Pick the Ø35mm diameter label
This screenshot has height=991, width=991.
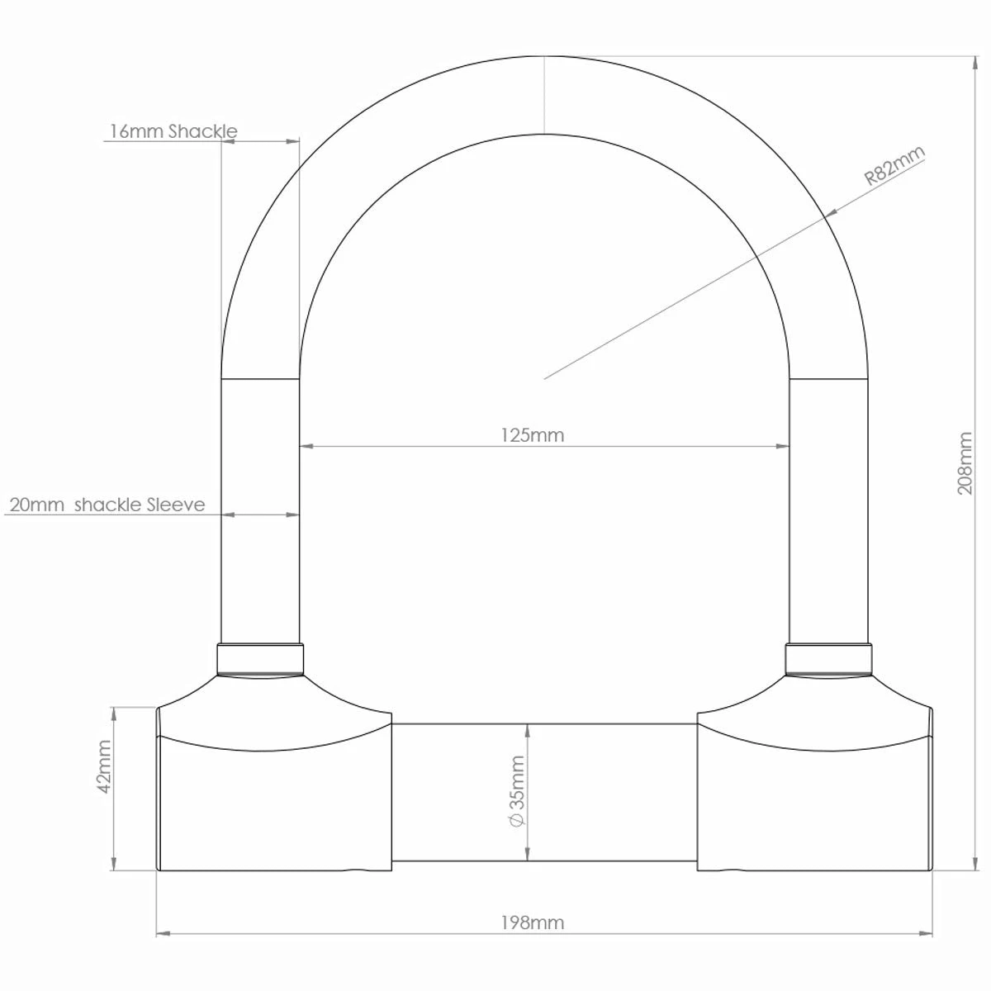pyautogui.click(x=516, y=790)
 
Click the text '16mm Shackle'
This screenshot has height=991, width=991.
pyautogui.click(x=173, y=131)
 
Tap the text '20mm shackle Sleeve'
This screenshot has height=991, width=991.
pyautogui.click(x=107, y=505)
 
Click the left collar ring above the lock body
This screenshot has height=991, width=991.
pyautogui.click(x=260, y=659)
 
